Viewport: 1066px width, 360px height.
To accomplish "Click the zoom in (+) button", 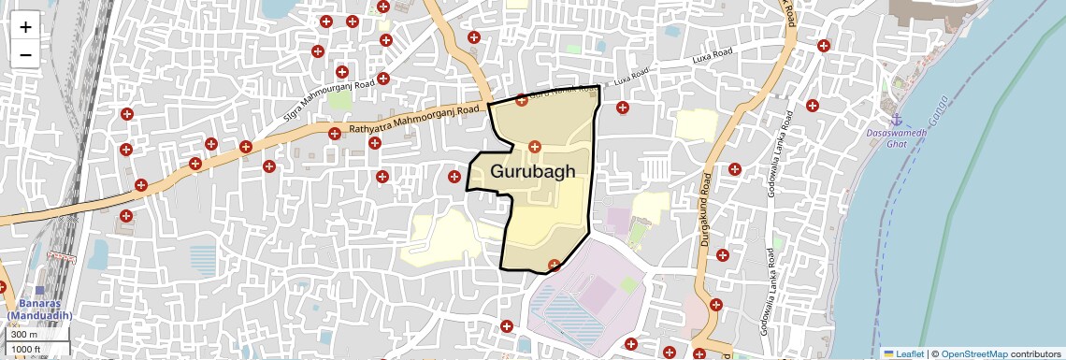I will click(25, 27).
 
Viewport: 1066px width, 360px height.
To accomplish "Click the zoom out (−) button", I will click(25, 54).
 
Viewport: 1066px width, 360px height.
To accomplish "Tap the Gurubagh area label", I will click(532, 172).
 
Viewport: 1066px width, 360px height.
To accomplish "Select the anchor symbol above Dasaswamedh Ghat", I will click(896, 120).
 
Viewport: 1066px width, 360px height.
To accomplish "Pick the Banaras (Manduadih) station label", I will click(45, 310).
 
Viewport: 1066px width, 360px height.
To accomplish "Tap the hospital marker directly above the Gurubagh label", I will click(535, 147).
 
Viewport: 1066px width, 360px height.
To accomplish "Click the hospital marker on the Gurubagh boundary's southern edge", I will click(554, 265).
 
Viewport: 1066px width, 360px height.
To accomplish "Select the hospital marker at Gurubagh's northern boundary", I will click(521, 99).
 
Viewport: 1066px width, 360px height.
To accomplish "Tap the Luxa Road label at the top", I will click(713, 59).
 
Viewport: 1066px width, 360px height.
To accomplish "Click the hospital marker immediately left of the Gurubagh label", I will click(454, 177).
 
